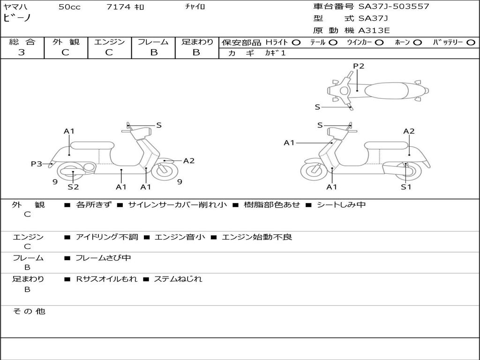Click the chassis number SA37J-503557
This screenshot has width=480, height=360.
(x=394, y=7)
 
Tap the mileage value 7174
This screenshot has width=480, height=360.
(x=118, y=7)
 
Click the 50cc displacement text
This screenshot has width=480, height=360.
(x=69, y=7)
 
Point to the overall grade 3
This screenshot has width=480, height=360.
(x=22, y=52)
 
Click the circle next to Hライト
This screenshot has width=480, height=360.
(x=296, y=43)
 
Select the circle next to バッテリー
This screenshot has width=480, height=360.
(x=471, y=43)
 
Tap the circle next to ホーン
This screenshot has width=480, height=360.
(x=417, y=43)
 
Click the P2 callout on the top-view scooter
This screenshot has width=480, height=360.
(x=359, y=66)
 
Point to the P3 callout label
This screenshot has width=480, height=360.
(x=37, y=164)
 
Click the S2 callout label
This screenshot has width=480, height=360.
(x=73, y=187)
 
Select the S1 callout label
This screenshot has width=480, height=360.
(x=406, y=187)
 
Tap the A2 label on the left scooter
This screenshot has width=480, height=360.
(x=188, y=161)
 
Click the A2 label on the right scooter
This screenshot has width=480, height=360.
(x=409, y=131)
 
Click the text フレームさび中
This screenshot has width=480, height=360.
(x=103, y=258)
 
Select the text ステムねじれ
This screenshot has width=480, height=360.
(x=178, y=279)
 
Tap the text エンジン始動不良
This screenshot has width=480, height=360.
(x=257, y=237)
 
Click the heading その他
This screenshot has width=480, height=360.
(x=29, y=311)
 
